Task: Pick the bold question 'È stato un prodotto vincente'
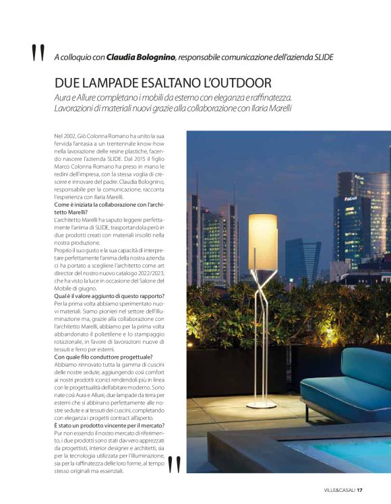[108, 426]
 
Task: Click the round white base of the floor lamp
[261, 405]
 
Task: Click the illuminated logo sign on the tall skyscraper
[351, 199]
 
